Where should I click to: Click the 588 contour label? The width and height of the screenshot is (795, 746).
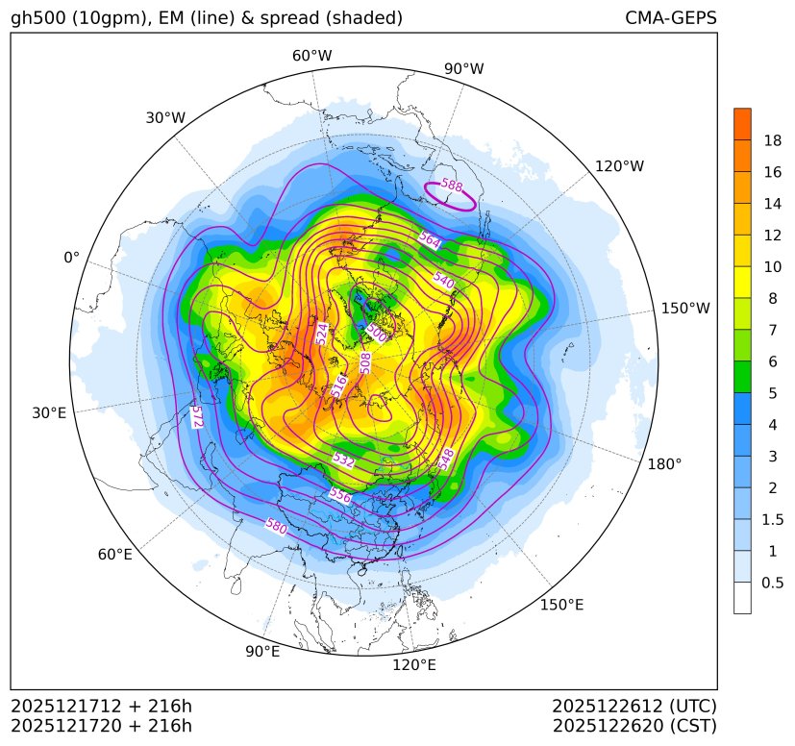[451, 186]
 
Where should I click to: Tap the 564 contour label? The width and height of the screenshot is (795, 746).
[430, 241]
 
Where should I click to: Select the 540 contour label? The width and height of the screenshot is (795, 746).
[443, 280]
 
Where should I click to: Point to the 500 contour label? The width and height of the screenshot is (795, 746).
[377, 332]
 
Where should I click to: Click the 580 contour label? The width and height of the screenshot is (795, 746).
[276, 526]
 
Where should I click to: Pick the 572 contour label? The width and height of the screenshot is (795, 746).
[196, 415]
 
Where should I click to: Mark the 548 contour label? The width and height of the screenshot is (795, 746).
[446, 459]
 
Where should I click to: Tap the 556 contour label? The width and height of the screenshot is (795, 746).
[339, 496]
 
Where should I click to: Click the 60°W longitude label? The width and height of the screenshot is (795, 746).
[311, 56]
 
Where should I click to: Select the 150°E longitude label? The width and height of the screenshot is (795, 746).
[562, 605]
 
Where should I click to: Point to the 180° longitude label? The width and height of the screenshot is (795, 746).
[664, 463]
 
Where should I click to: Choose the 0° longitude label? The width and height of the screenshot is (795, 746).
[71, 258]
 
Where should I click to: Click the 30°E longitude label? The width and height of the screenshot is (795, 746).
[49, 413]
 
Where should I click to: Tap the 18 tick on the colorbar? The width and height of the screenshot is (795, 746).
[772, 140]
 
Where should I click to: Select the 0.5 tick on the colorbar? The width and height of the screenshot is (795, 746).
[772, 583]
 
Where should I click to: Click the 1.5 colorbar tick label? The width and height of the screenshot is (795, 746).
[772, 519]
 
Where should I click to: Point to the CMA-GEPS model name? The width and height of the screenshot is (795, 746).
[670, 18]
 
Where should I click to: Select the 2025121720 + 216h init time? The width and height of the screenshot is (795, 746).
[102, 725]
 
